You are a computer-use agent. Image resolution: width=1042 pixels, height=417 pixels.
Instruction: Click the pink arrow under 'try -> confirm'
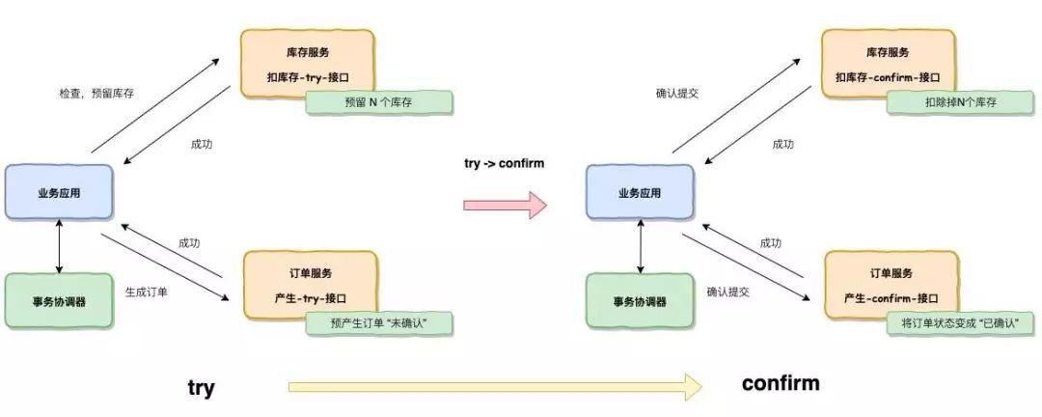click(x=504, y=205)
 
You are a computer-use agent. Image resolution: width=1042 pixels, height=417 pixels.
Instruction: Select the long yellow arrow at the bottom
click(x=496, y=387)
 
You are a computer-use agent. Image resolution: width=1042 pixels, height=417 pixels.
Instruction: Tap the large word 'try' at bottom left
click(x=201, y=388)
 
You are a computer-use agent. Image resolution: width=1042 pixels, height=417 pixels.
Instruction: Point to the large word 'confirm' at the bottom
click(x=781, y=383)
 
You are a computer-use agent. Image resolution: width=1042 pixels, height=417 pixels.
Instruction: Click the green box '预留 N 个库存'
click(x=379, y=102)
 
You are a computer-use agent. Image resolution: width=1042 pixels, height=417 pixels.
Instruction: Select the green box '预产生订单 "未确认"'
click(x=379, y=324)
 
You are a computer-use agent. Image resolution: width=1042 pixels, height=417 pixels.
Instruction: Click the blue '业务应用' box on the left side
click(x=59, y=193)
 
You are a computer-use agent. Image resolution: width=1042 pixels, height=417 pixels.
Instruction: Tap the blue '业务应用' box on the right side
click(x=640, y=193)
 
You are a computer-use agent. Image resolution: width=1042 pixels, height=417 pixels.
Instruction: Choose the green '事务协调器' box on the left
click(x=59, y=301)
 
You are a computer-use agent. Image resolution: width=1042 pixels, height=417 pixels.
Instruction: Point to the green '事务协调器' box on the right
click(x=640, y=301)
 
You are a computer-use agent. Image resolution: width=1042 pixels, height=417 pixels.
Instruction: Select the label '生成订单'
click(x=147, y=290)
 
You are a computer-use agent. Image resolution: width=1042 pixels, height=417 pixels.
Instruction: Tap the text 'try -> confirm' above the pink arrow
click(x=505, y=163)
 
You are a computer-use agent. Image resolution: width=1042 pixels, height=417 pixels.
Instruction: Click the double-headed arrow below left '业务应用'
click(x=60, y=247)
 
